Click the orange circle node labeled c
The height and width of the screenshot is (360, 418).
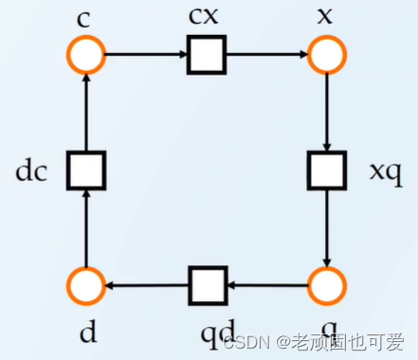pyautogui.click(x=86, y=55)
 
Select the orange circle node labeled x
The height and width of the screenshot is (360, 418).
pyautogui.click(x=327, y=55)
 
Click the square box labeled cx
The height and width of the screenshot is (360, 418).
pyautogui.click(x=206, y=55)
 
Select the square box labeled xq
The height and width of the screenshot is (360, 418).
pyautogui.click(x=327, y=171)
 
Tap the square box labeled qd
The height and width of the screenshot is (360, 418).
pyautogui.click(x=206, y=284)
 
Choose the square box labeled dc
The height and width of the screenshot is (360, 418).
pyautogui.click(x=86, y=171)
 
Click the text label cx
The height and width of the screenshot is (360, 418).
pyautogui.click(x=207, y=18)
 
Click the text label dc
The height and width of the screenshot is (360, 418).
pyautogui.click(x=32, y=172)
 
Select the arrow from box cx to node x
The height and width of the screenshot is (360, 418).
pyautogui.click(x=266, y=55)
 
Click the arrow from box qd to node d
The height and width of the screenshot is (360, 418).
pyautogui.click(x=146, y=284)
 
